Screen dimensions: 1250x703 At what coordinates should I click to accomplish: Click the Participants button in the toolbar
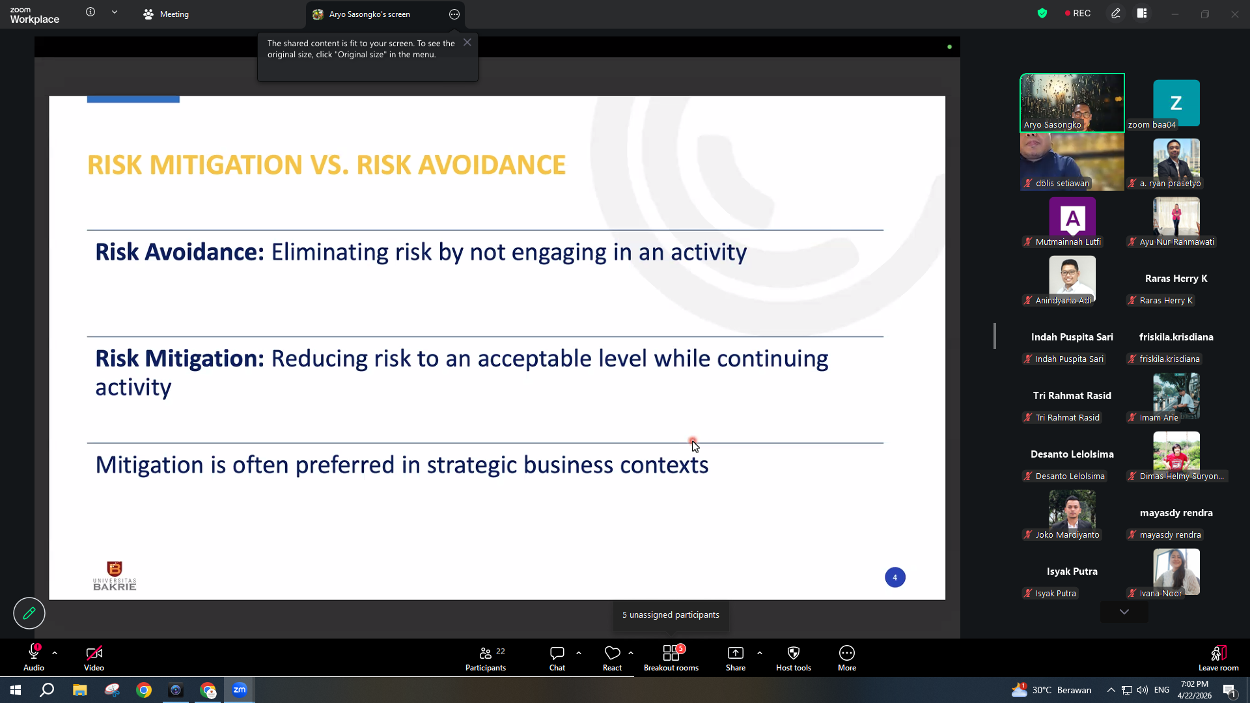click(486, 658)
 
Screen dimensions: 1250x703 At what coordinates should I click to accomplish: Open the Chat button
click(557, 658)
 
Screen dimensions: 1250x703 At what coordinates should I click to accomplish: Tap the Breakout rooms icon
click(671, 653)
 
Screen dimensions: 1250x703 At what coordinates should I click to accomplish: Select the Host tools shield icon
click(794, 653)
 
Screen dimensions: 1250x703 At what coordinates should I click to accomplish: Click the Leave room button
click(1219, 658)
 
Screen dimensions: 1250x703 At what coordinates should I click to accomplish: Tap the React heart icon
click(612, 652)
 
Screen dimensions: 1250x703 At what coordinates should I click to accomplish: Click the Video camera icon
click(94, 653)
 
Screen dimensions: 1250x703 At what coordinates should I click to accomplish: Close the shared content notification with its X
click(467, 42)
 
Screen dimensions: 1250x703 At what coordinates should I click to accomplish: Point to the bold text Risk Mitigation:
click(180, 359)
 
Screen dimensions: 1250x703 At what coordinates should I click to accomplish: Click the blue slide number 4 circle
click(895, 577)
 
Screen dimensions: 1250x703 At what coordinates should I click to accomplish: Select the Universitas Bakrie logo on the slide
click(115, 576)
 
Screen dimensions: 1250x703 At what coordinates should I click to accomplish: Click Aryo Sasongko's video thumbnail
click(1072, 103)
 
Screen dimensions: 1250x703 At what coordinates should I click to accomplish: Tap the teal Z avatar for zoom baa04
click(1176, 103)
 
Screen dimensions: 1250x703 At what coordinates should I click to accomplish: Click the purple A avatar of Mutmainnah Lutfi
click(1072, 218)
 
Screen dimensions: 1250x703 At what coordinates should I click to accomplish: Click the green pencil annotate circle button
click(29, 613)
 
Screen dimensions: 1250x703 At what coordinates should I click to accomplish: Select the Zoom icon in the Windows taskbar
click(240, 690)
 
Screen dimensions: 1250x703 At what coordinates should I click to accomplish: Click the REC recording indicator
click(1077, 14)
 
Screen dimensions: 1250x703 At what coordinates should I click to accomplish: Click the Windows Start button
click(16, 690)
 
